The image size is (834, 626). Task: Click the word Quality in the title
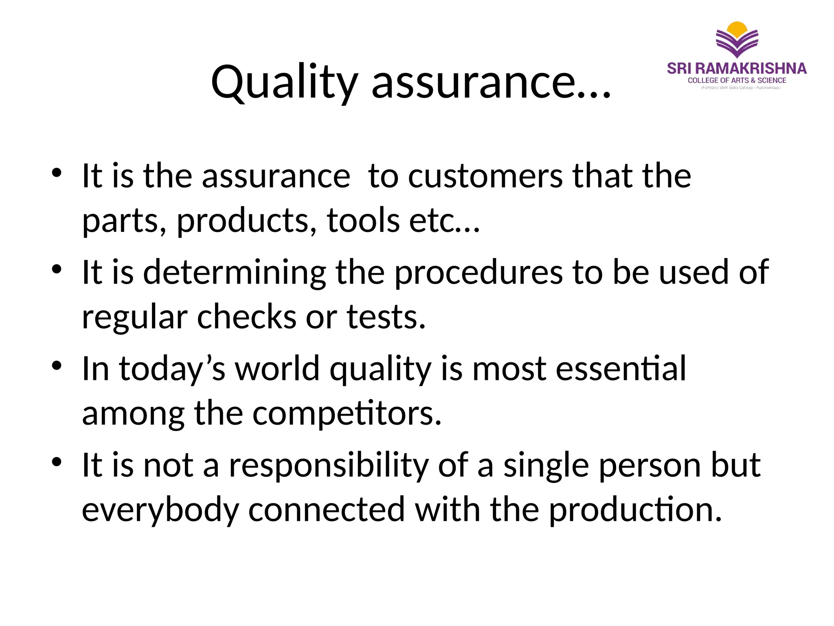[284, 83]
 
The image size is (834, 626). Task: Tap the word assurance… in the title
[491, 83]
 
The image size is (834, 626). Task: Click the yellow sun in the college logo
[737, 29]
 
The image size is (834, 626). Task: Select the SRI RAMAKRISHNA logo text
[737, 68]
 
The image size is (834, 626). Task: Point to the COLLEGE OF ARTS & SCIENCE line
[737, 81]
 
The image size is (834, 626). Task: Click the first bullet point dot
[57, 172]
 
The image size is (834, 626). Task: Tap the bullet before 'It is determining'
[57, 269]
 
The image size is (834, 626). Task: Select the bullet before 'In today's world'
[57, 365]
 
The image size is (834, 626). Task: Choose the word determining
[235, 273]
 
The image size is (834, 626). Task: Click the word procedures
[479, 273]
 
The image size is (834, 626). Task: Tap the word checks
[247, 317]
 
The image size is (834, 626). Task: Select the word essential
[621, 369]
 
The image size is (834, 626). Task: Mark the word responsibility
[329, 465]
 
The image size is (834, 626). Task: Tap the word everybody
[160, 510]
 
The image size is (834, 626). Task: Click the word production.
[635, 510]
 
